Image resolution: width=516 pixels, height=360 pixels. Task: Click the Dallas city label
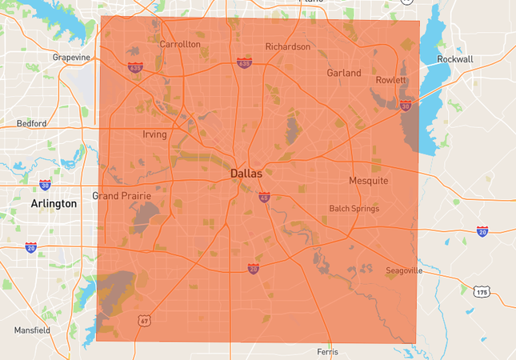coord(246,173)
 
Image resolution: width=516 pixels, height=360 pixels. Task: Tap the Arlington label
coord(54,203)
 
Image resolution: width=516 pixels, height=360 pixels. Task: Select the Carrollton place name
coord(180,44)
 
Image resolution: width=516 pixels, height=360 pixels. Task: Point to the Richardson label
coord(288,46)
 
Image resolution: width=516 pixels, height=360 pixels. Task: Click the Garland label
coord(344,73)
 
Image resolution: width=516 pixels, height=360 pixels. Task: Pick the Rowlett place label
coord(391,80)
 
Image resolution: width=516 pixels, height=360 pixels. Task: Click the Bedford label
coord(31,123)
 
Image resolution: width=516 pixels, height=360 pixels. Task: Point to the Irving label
coord(154,134)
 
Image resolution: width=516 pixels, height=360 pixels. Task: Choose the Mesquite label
coord(369,180)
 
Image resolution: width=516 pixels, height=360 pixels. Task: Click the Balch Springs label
coord(354,209)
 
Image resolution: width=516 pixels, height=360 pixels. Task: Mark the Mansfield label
coord(32,330)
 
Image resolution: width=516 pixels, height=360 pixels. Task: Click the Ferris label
coord(328,351)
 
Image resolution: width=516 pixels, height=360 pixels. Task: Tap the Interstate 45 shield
coord(264,197)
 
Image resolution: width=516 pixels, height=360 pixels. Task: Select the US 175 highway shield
coord(482,294)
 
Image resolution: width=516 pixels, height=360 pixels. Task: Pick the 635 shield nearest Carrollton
coord(134,67)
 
